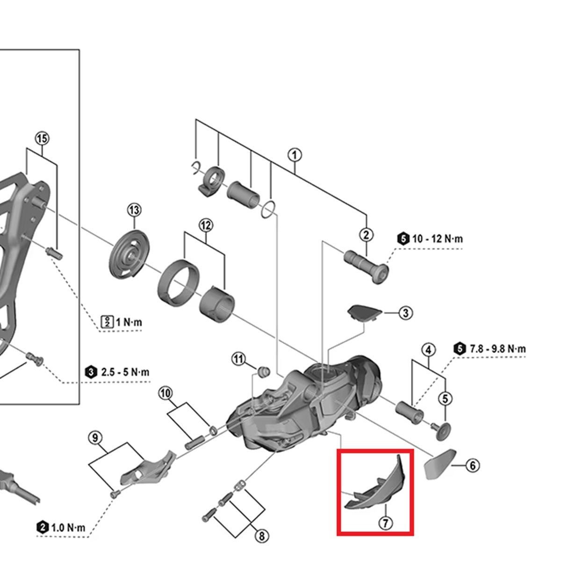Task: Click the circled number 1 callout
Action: coord(295,155)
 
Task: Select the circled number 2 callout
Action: coord(366,235)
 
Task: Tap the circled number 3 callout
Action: coord(405,313)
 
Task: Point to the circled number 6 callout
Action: coord(472,466)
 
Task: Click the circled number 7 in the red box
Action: coord(386,523)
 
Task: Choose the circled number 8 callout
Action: coord(262,537)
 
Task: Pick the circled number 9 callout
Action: coord(95,438)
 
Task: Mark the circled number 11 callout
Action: coord(239,359)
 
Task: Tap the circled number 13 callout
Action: coord(134,210)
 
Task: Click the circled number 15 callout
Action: coord(42,138)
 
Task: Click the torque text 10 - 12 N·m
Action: coord(437,239)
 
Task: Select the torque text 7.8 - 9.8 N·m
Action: coord(496,349)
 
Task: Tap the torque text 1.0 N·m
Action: coord(68,527)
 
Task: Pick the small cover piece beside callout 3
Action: coord(364,312)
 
